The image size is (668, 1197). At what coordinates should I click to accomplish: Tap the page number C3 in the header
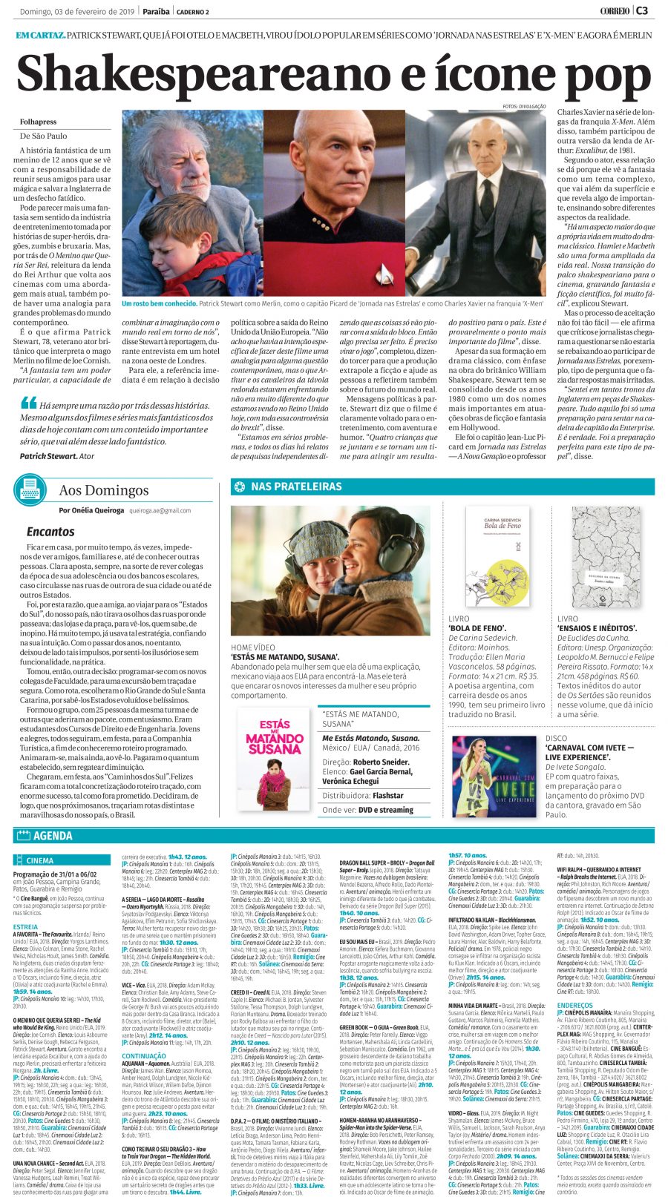click(642, 10)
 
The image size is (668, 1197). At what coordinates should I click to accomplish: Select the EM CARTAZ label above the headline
click(40, 36)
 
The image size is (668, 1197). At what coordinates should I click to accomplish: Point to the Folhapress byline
click(38, 122)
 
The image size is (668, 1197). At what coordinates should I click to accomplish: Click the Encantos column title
click(50, 531)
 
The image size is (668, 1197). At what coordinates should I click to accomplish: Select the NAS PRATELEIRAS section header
click(296, 487)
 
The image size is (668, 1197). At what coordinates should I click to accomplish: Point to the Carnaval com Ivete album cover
click(494, 776)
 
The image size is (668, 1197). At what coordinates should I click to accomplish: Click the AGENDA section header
click(53, 836)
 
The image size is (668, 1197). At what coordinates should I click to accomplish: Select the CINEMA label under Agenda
click(40, 861)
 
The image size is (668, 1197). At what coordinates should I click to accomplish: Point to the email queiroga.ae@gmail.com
click(160, 510)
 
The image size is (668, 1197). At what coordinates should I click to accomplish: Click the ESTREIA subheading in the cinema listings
click(25, 926)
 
